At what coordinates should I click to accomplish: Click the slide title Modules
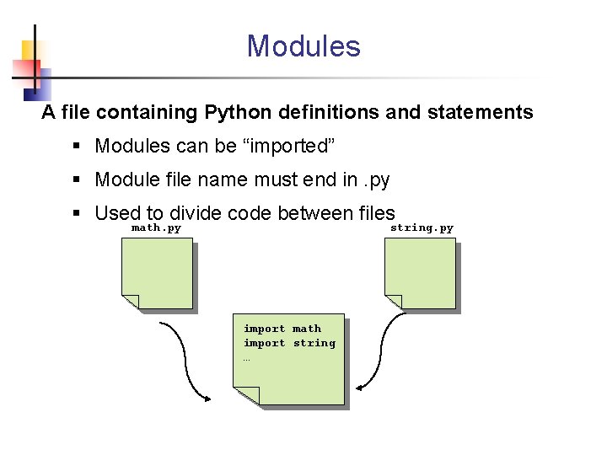click(303, 45)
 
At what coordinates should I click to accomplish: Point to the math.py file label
click(156, 227)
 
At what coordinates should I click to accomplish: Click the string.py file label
click(422, 227)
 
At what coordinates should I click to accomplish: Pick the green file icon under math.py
click(157, 273)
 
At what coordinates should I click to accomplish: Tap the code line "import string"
click(289, 343)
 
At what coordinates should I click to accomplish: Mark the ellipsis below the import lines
click(247, 358)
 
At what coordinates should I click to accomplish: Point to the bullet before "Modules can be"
click(77, 147)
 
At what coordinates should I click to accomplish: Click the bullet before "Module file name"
click(77, 179)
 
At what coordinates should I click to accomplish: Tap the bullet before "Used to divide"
click(77, 213)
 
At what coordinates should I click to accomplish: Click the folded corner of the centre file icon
click(246, 395)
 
